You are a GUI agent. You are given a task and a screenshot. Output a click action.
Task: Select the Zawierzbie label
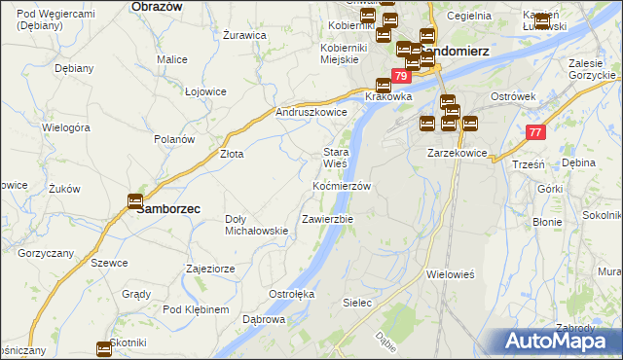tap(328, 219)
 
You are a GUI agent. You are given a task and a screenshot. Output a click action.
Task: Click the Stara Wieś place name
tap(336, 158)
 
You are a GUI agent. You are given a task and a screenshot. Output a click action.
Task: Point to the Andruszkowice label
tap(311, 112)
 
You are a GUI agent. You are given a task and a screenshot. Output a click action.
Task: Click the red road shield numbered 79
tap(401, 76)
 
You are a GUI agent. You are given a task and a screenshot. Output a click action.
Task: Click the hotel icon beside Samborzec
tap(134, 201)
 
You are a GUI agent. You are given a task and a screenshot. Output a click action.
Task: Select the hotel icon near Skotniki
tap(104, 348)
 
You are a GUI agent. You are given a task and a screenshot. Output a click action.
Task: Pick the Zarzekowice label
tap(457, 154)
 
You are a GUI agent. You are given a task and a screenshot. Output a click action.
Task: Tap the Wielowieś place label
tap(450, 274)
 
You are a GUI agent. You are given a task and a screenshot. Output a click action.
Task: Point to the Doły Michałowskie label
tap(256, 225)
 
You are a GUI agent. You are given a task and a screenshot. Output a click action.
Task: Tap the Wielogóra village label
tap(66, 127)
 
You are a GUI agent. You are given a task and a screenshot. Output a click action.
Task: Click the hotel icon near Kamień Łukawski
tap(542, 19)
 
